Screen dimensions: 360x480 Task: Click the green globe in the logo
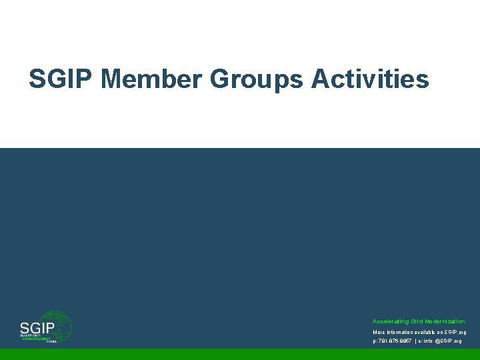(59, 325)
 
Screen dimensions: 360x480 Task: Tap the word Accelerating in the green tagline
(390, 321)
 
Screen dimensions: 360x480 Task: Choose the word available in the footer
(433, 332)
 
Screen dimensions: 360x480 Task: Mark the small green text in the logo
(36, 338)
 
